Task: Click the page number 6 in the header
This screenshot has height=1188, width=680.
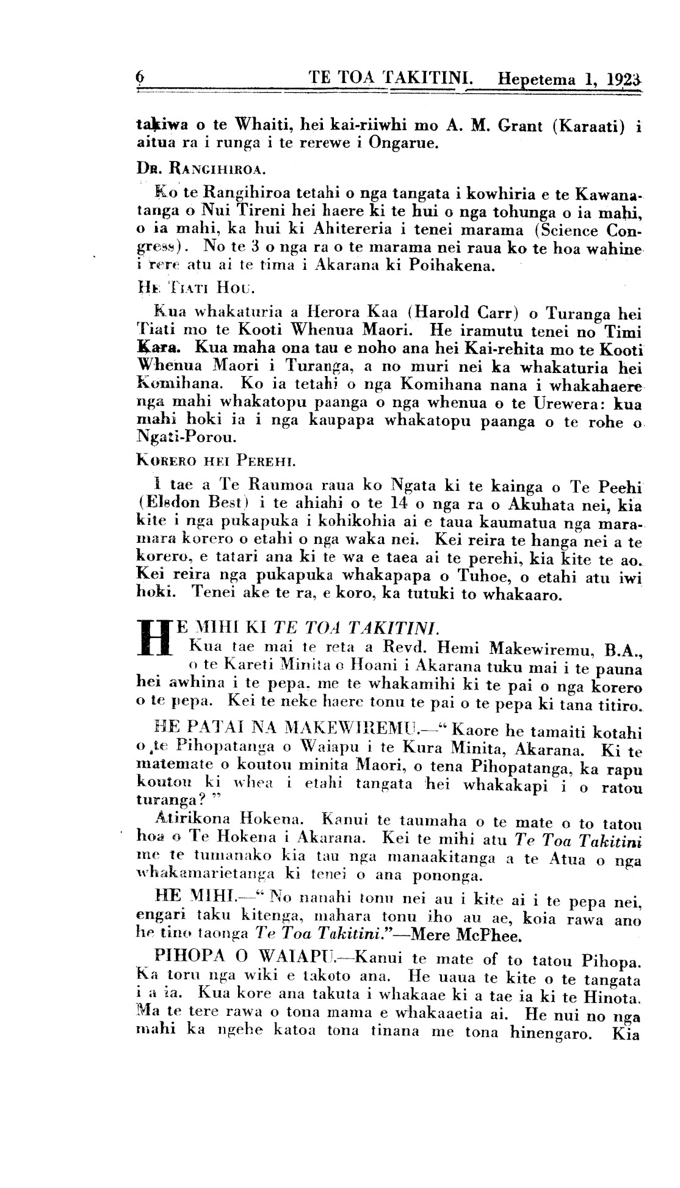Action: pos(139,78)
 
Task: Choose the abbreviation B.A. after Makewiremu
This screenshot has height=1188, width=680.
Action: pos(621,646)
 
